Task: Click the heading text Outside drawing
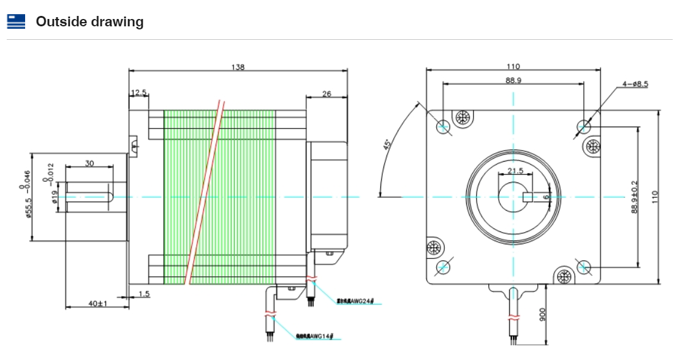coord(89,22)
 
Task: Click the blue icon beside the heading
coord(16,22)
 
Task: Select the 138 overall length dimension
coord(238,67)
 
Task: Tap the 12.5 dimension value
coord(138,93)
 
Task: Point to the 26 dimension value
coord(326,94)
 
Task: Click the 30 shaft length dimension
coord(89,163)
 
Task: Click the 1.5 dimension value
coord(144,294)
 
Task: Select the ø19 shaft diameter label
coord(55,197)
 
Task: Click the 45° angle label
coord(387,145)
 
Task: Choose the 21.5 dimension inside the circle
coord(515,171)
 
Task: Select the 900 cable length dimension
coord(542,315)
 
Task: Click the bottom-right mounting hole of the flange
coord(583,267)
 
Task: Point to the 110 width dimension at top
coord(513,67)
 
